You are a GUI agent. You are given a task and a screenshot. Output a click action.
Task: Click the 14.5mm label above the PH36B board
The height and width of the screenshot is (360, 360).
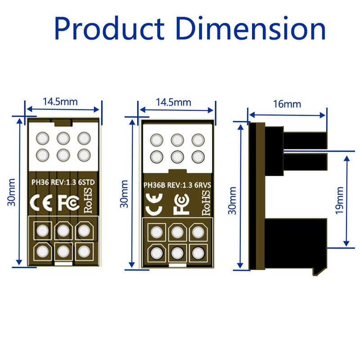coord(173,102)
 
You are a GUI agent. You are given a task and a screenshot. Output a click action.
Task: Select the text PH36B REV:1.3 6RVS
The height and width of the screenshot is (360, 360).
coord(177,185)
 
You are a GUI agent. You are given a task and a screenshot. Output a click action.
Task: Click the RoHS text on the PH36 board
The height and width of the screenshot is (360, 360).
coord(88,200)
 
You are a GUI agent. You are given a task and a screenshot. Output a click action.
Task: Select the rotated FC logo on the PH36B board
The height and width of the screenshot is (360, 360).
coord(180,205)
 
